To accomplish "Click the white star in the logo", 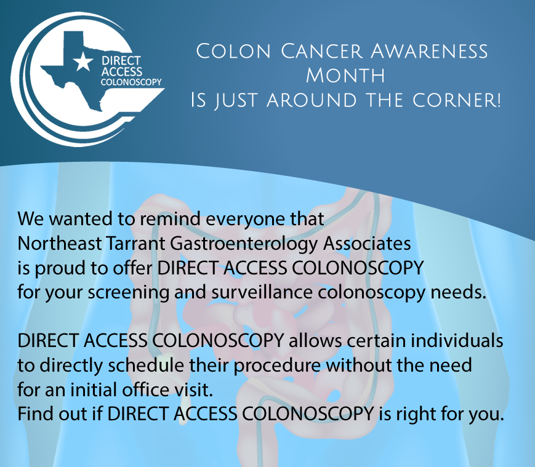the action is point(83,62).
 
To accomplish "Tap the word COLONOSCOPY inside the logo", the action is point(131,82).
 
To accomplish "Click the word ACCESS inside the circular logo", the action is point(122,71).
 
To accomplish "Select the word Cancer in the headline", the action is point(321,51).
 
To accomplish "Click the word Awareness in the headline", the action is point(430,51).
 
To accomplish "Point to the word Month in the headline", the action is point(345,75).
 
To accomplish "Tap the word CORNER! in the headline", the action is point(457,100).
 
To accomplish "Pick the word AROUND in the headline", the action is point(312,100).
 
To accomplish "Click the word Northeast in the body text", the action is point(60,244).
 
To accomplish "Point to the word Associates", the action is point(367,244).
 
